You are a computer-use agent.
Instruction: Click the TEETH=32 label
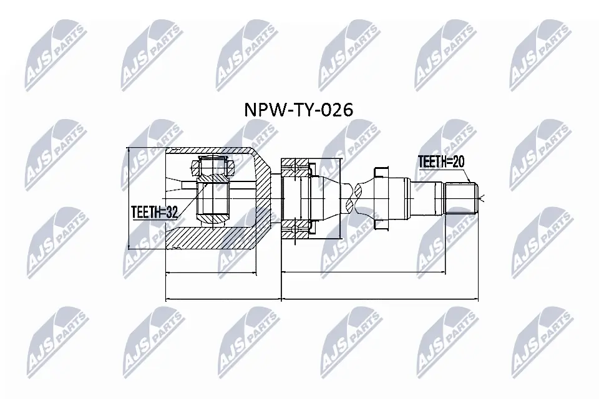(155, 213)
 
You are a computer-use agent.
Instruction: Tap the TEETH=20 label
(441, 162)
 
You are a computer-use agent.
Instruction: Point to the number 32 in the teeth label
(172, 213)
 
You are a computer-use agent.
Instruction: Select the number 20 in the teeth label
(459, 162)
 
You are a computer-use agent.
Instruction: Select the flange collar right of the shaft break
(381, 198)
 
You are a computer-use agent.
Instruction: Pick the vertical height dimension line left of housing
(129, 198)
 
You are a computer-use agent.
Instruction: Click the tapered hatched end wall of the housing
(265, 198)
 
